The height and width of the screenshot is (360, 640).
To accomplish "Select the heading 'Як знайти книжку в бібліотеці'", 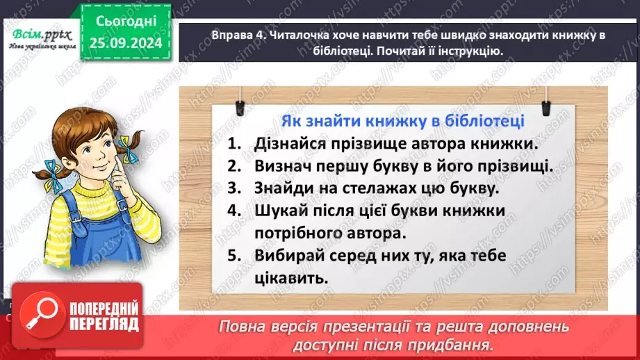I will [x=402, y=120].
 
